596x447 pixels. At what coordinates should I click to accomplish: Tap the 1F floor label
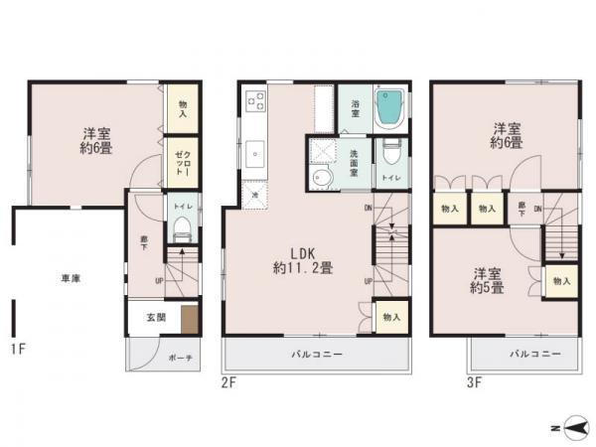click(17, 349)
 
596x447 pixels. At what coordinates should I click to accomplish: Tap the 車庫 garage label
click(70, 279)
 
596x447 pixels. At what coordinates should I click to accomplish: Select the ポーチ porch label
click(180, 358)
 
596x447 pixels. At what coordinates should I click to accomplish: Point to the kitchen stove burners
click(254, 100)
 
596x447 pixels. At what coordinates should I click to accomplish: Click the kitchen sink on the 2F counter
click(254, 153)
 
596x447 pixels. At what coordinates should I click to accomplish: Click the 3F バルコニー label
click(536, 354)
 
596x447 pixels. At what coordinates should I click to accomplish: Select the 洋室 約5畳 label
click(487, 281)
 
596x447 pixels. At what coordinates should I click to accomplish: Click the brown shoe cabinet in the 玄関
click(189, 320)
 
